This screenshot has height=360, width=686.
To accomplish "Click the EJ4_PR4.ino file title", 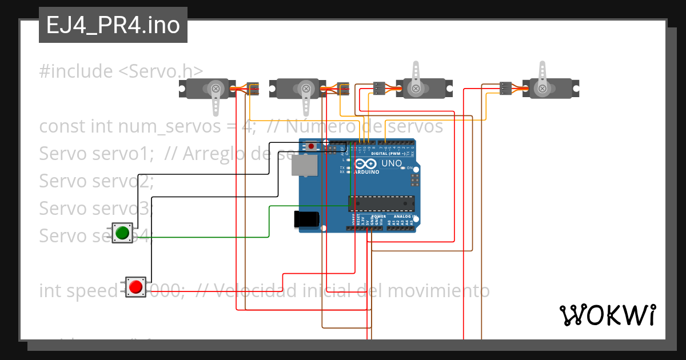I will pos(113,26).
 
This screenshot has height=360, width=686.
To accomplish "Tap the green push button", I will pos(122,233).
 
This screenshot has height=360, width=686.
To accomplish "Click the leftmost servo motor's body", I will pos(206,89).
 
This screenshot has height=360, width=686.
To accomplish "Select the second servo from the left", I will pos(297,89).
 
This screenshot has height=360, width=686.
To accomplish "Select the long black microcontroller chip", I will pos(381,203).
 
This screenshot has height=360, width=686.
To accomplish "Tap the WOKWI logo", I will pos(607,315).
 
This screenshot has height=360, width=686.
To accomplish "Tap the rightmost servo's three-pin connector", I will pos(505,88).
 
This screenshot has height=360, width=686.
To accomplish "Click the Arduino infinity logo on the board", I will pos(368,163).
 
